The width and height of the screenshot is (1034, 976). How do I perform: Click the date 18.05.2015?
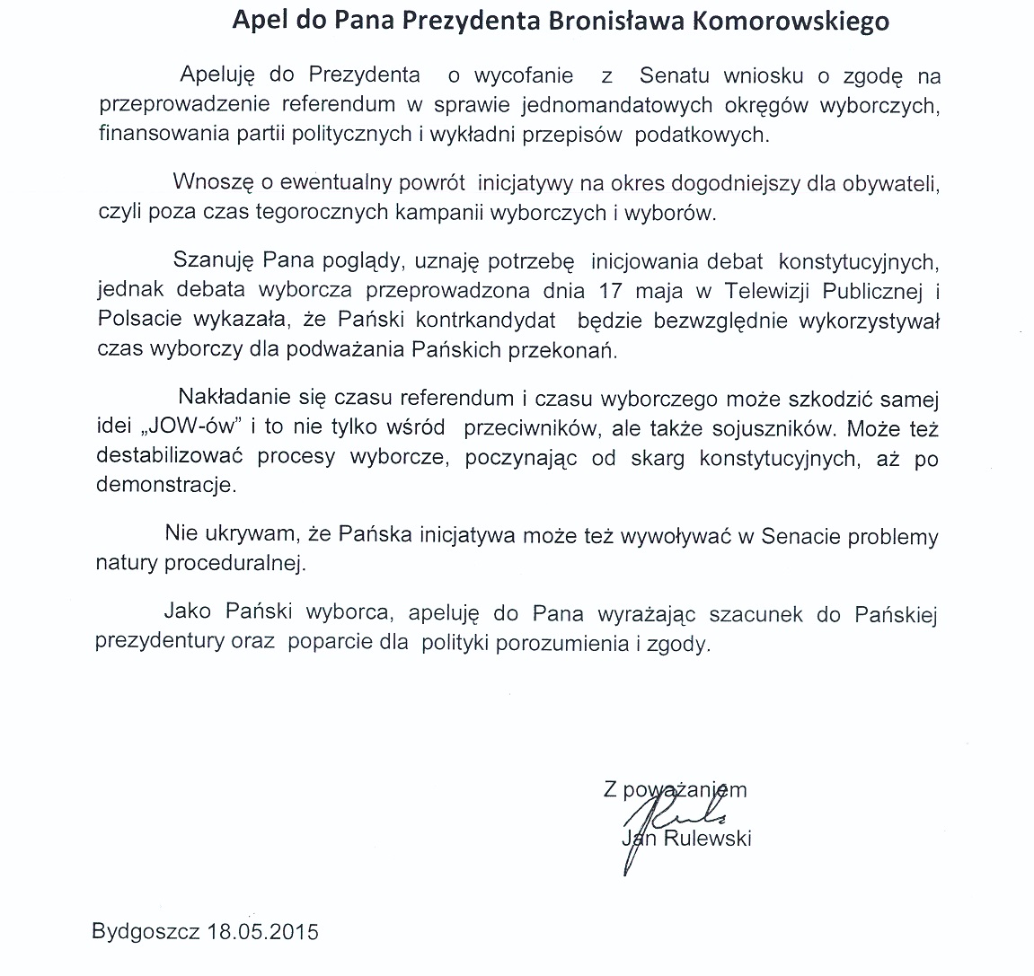[264, 931]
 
